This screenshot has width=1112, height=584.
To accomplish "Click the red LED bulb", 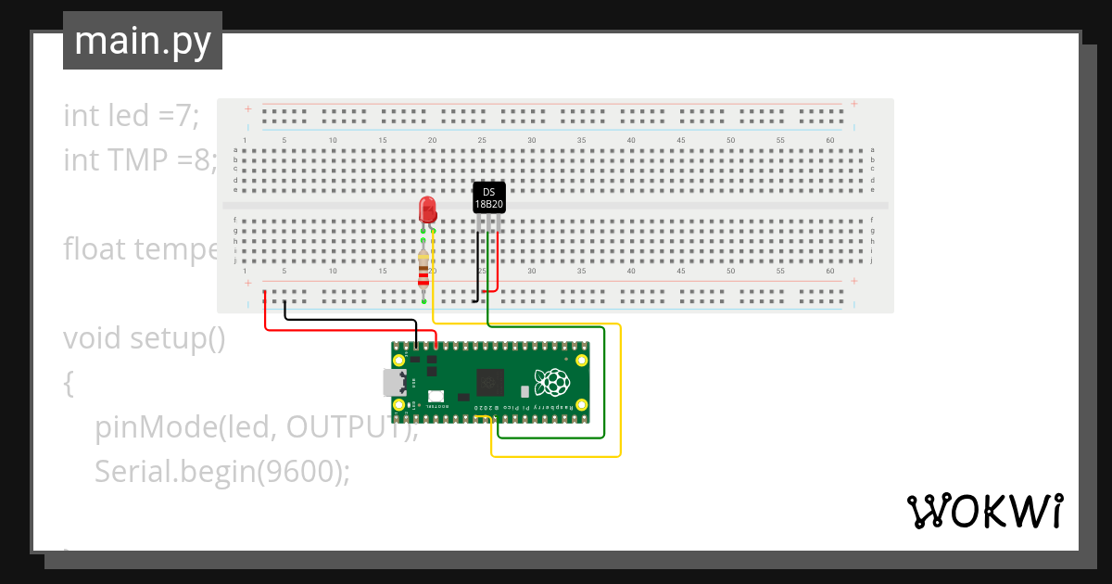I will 427,209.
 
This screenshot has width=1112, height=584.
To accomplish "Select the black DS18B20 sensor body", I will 489,197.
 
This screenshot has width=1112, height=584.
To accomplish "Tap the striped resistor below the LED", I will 423,269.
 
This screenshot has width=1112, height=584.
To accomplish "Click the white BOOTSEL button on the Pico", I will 435,396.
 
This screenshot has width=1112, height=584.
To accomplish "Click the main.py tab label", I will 143,41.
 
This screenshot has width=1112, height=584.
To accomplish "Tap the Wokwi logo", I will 983,511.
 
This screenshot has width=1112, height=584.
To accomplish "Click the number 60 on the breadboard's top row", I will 830,140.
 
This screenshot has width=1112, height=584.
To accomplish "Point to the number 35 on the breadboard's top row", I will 581,140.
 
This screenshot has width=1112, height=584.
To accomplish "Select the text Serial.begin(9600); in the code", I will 222,472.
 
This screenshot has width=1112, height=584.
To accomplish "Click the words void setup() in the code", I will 145,338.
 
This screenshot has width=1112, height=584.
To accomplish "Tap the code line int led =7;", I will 132,116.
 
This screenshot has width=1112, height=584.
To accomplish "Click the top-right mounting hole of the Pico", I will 581,359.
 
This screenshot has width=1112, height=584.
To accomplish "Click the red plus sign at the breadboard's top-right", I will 853,104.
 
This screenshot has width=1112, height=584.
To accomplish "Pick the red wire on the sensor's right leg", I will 498,264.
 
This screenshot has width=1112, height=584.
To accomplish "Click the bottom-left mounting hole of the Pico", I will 399,405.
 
